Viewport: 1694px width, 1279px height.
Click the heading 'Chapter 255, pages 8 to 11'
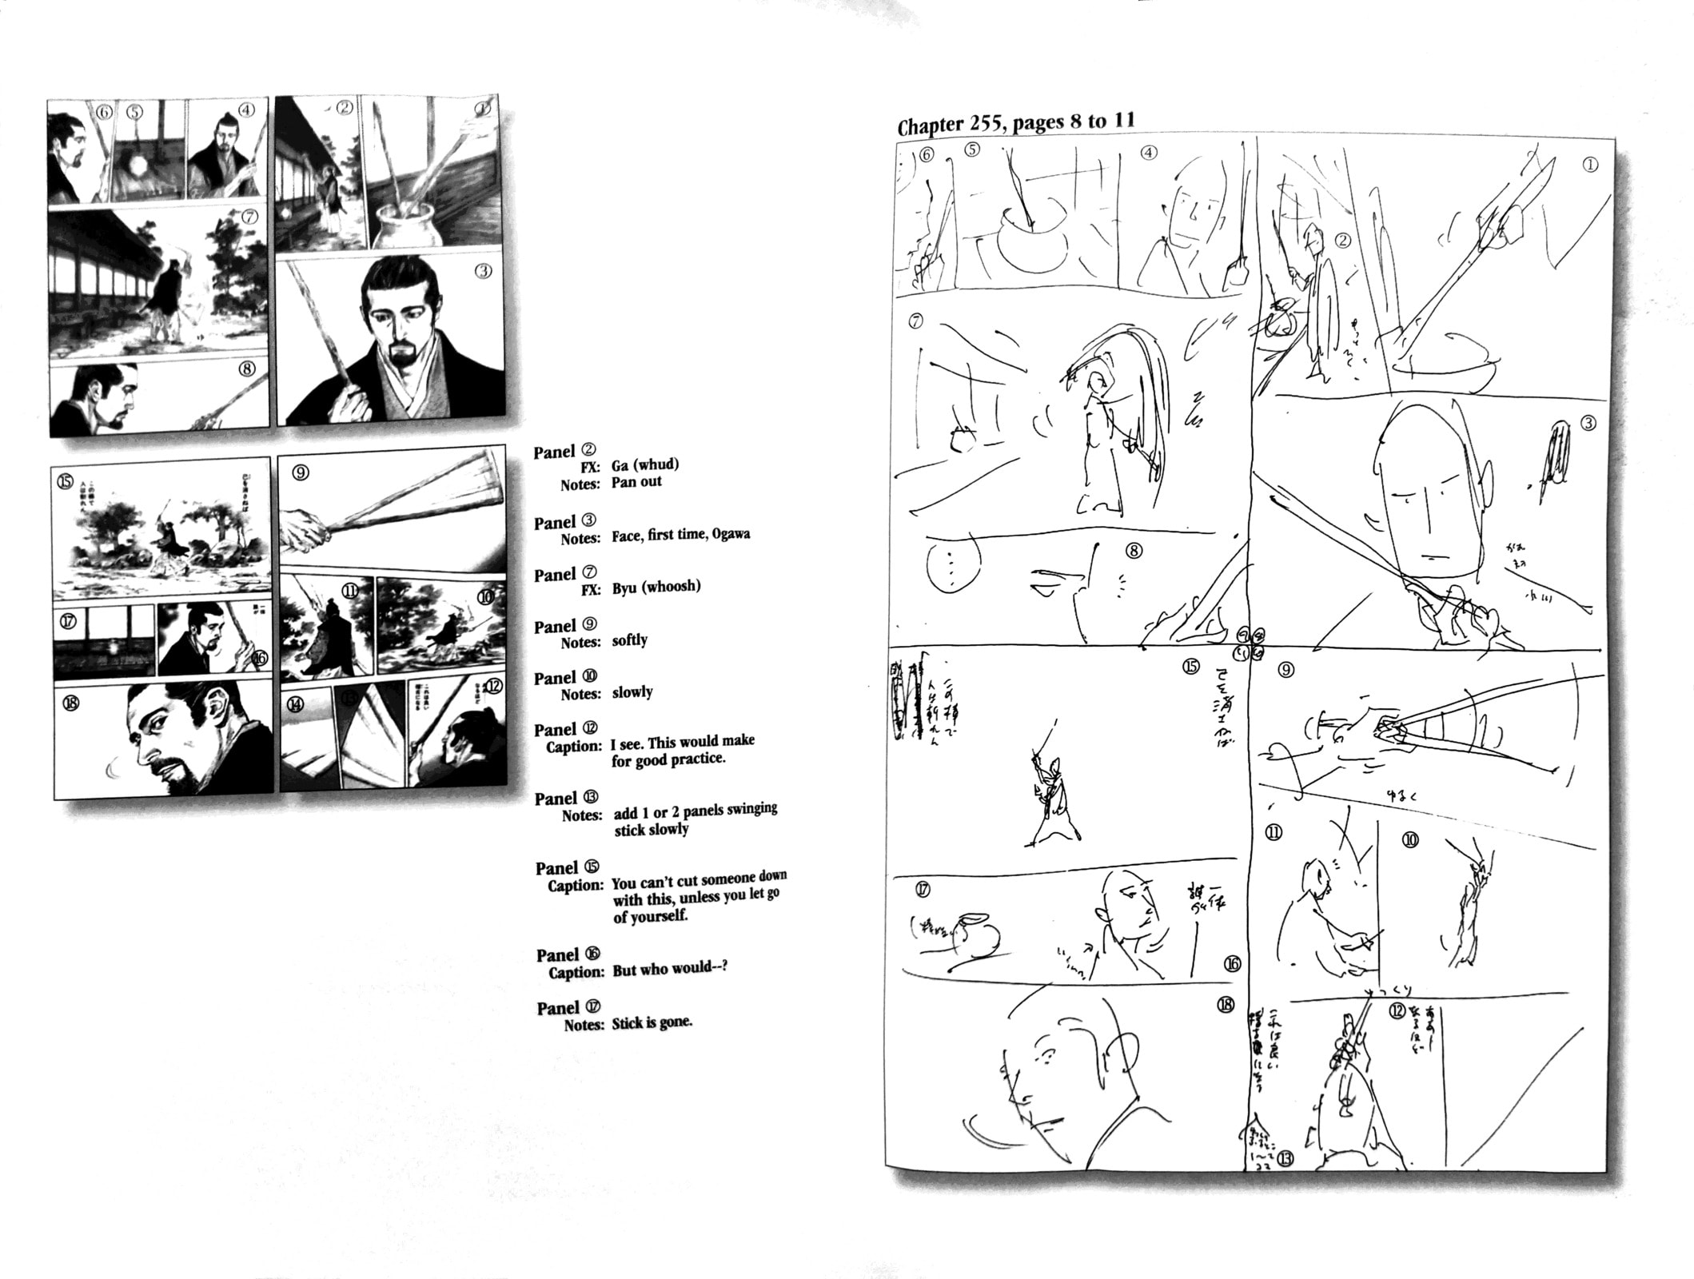pyautogui.click(x=1015, y=124)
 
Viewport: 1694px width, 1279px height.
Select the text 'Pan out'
pyautogui.click(x=636, y=482)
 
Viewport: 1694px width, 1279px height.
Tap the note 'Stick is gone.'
pyautogui.click(x=652, y=1022)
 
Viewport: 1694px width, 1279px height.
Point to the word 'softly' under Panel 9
pyautogui.click(x=629, y=640)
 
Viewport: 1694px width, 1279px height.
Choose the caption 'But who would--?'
pyautogui.click(x=670, y=970)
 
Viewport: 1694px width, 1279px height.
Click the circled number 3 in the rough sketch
pyautogui.click(x=1588, y=423)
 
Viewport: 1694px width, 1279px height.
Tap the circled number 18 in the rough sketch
pyautogui.click(x=1226, y=1005)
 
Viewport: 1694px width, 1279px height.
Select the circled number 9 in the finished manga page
pyautogui.click(x=300, y=472)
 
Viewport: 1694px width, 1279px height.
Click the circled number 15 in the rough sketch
pyautogui.click(x=1191, y=666)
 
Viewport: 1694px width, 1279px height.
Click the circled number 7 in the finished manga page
pyautogui.click(x=249, y=217)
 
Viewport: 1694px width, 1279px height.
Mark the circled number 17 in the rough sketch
pyautogui.click(x=924, y=889)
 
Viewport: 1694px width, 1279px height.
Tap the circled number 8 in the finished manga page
pyautogui.click(x=247, y=369)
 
